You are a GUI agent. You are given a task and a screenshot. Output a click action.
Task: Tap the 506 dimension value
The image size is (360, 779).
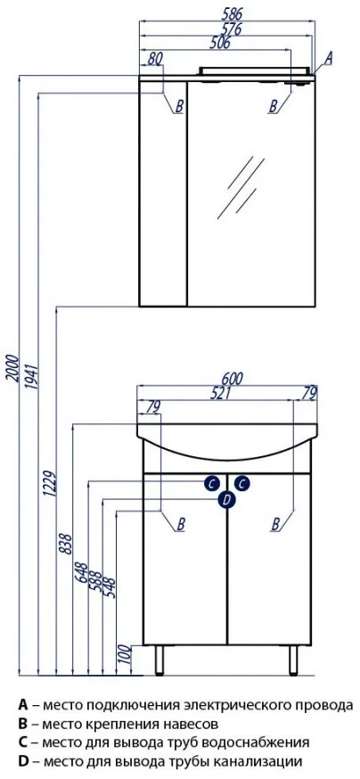[x=220, y=43]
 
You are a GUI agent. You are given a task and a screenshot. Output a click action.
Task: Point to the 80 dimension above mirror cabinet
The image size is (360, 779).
[x=155, y=59]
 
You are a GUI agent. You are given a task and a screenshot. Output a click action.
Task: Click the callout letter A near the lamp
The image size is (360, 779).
[x=328, y=58]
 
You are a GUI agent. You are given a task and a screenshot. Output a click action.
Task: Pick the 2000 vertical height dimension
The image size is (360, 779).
[x=13, y=368]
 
